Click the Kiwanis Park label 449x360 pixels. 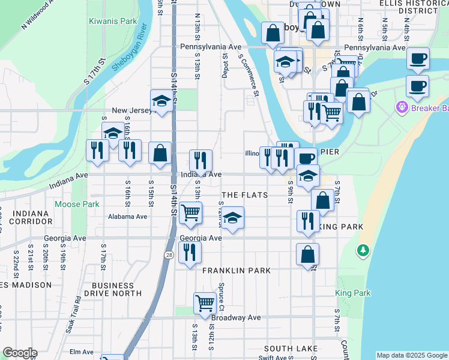[x=113, y=21]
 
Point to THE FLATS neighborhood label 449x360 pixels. [x=244, y=196]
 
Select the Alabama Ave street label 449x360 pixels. [x=127, y=217]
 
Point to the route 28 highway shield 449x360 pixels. [x=169, y=255]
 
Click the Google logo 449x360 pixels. [x=19, y=353]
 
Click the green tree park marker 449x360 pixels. [x=363, y=249]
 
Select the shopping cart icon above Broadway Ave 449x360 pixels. [x=205, y=303]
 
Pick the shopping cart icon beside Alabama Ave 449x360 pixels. [x=190, y=212]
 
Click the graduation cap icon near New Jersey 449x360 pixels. [x=161, y=101]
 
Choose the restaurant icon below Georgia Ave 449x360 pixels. [x=190, y=253]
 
